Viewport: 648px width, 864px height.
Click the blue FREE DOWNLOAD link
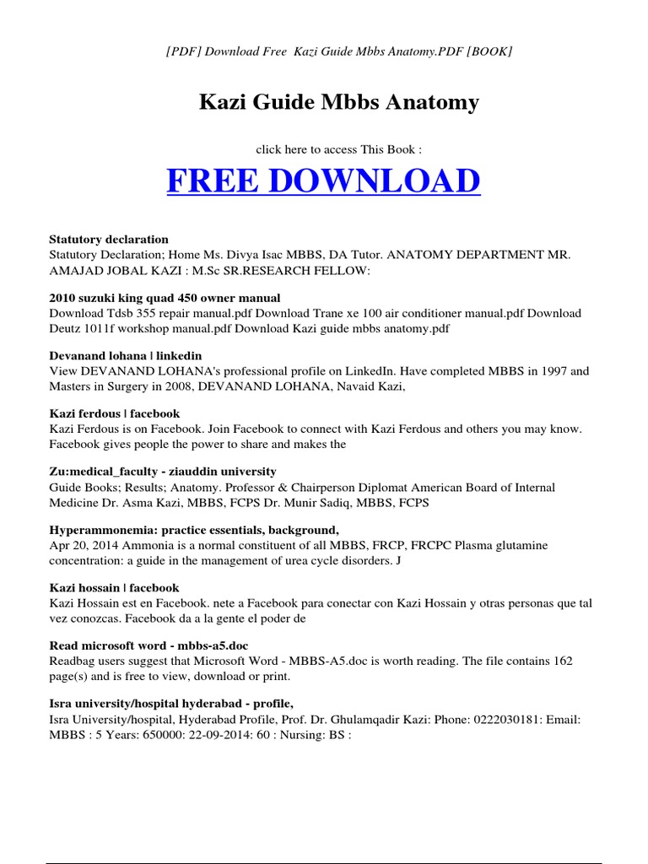[x=323, y=181]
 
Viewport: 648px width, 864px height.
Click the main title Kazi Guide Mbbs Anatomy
[x=338, y=103]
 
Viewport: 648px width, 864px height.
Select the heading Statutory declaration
[x=109, y=240]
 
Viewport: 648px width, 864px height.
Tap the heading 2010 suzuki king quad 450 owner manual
[x=165, y=298]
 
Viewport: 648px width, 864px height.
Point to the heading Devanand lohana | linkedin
[x=126, y=356]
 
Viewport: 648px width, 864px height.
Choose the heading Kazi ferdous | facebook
[x=115, y=413]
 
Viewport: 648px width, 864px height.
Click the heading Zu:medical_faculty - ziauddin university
[x=163, y=472]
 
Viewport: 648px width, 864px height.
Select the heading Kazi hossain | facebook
[x=114, y=588]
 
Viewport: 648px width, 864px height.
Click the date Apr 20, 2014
[x=83, y=545]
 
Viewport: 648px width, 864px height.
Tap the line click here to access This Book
[x=338, y=149]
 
